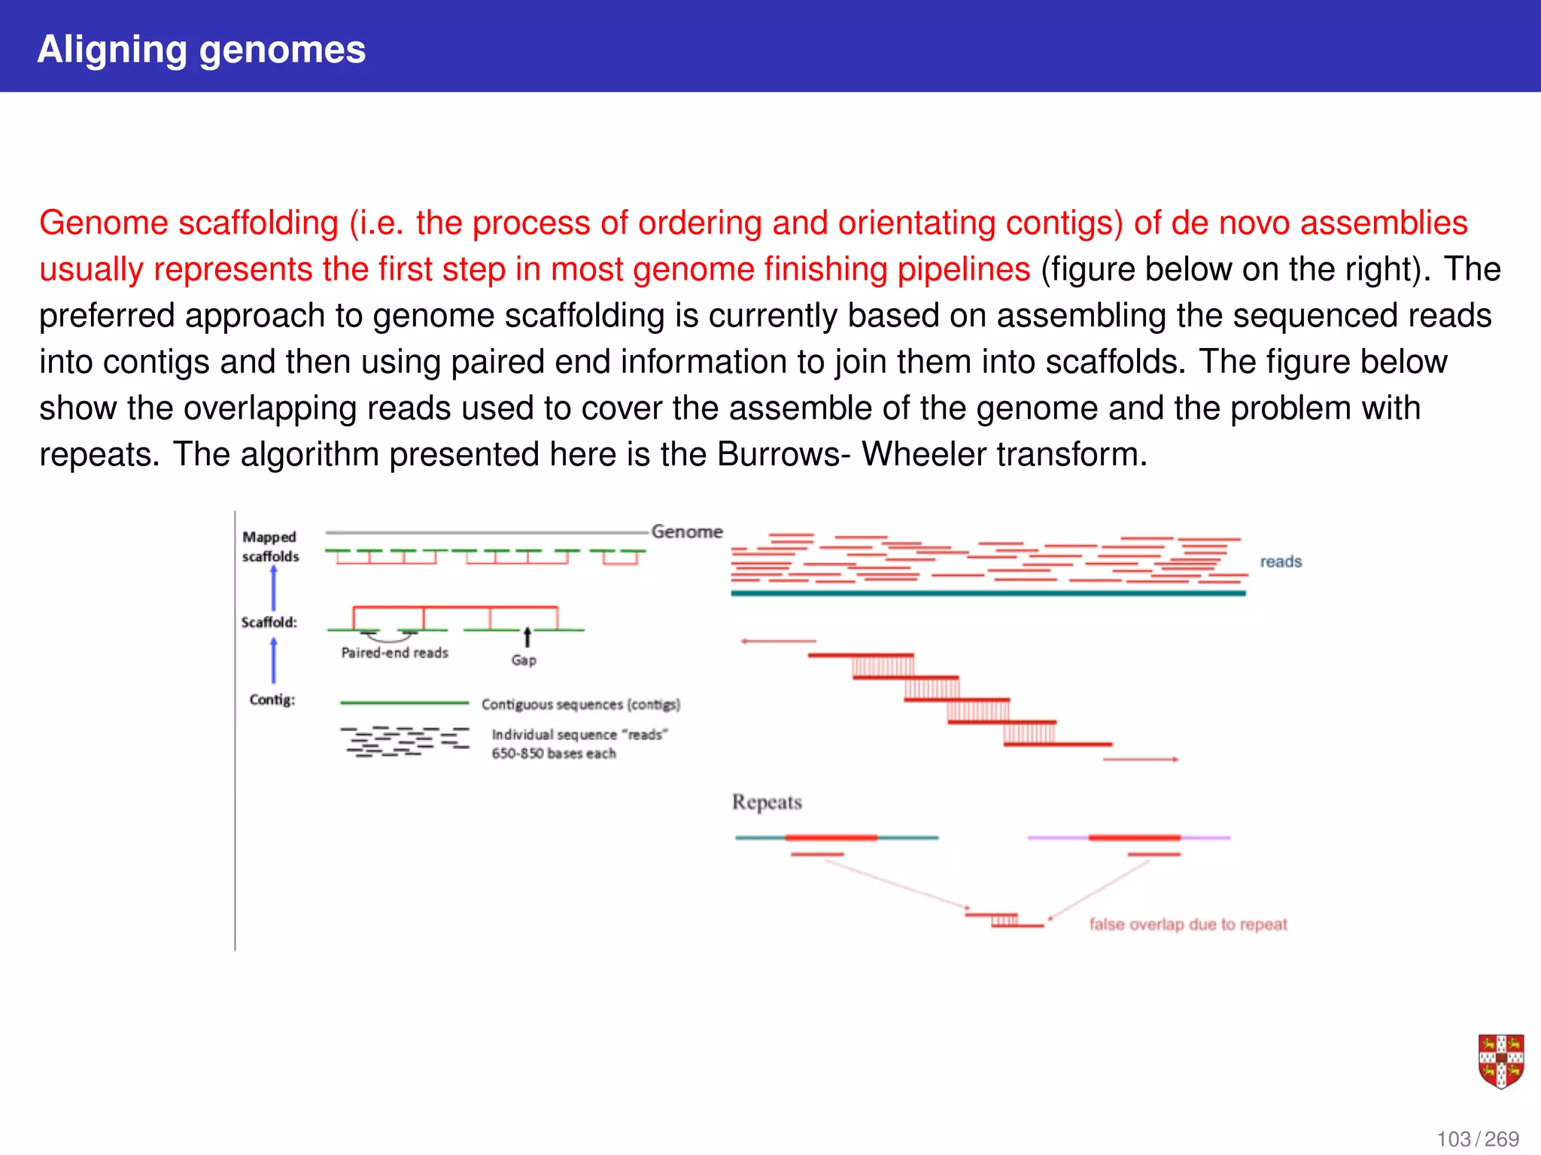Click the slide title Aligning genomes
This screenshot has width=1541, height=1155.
201,50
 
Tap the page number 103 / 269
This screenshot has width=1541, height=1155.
1478,1139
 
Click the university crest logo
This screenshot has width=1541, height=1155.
1500,1061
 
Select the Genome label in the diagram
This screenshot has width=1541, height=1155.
686,532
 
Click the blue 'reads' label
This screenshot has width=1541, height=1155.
1281,562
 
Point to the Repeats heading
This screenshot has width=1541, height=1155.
767,802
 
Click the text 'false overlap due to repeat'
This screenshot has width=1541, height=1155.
1187,924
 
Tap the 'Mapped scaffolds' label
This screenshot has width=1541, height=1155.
270,547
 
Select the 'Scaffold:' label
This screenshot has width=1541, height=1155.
269,623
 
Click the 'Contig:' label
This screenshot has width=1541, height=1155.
272,700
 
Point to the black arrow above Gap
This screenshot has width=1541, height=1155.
527,637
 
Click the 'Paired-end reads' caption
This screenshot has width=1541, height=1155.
394,653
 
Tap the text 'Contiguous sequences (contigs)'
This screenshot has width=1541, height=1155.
580,705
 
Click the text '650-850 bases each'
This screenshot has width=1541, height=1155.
554,753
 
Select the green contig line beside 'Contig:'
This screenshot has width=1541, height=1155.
404,703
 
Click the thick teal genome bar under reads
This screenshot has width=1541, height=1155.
988,593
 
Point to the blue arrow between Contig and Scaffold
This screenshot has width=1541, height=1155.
273,661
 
